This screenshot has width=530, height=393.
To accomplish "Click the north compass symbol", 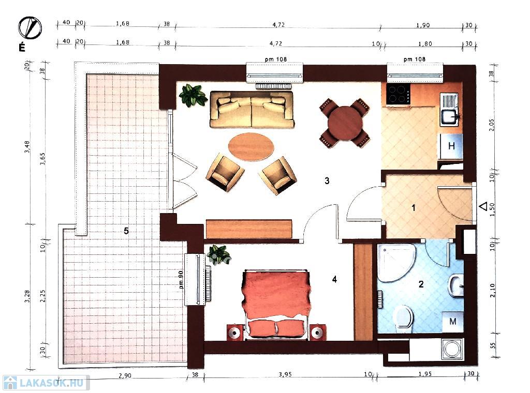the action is pos(30,28).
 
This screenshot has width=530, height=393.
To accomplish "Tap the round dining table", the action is pos(345,123).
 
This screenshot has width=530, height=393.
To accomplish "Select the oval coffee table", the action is pos(251,147).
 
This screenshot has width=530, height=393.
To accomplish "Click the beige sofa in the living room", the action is pos(252,110).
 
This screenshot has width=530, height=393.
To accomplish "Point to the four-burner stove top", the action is pos(398,94).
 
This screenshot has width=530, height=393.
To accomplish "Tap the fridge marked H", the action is pos(451,146).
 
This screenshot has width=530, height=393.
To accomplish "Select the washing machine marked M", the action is pos(452,322).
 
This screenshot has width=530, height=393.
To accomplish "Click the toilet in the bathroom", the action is pos(404,316).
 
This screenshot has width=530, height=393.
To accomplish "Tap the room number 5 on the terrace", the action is pos(126,231).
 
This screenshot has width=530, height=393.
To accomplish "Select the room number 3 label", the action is pos(327,180).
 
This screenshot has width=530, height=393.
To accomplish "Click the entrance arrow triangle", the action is pos(484,206).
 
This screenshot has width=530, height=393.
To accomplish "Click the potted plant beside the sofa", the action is pos(193,95).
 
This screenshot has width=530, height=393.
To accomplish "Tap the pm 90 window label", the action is pos(181,280).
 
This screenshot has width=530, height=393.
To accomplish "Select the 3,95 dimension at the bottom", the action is pos(285,374).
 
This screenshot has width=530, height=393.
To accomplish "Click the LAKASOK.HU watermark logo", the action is pos(46,383).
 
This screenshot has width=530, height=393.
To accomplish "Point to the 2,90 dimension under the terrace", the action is pos(125,375).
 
